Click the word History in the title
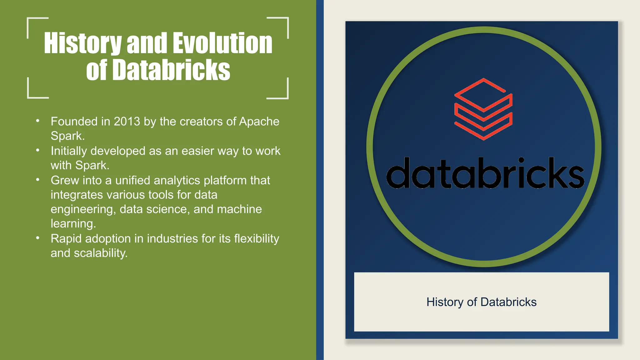(x=82, y=44)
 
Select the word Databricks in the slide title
(x=171, y=70)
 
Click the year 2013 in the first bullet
(x=127, y=122)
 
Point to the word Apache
(x=259, y=122)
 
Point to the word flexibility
(x=256, y=239)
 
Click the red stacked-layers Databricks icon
(x=483, y=109)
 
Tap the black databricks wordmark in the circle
(x=485, y=174)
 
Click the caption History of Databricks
(x=481, y=302)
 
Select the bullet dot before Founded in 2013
(x=38, y=121)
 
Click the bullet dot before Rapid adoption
(x=38, y=238)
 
